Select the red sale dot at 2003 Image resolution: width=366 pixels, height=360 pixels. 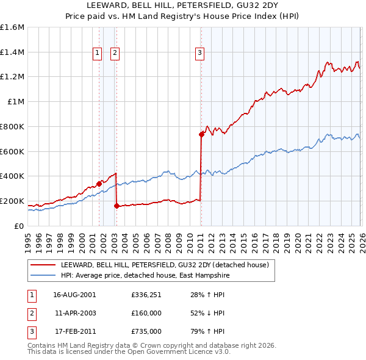pyautogui.click(x=116, y=206)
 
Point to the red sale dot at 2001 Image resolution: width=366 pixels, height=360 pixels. pyautogui.click(x=99, y=184)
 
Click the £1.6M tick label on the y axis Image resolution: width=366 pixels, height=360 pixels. pyautogui.click(x=12, y=27)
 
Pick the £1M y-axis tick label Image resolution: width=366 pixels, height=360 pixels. pyautogui.click(x=16, y=102)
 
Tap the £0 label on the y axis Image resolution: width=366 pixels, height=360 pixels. pyautogui.click(x=20, y=226)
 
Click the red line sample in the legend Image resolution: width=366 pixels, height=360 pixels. pyautogui.click(x=43, y=265)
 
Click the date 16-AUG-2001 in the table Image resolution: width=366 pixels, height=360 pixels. pyautogui.click(x=74, y=295)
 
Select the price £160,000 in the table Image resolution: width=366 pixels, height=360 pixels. pyautogui.click(x=146, y=313)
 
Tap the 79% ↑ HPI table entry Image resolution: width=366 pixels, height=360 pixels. pyautogui.click(x=204, y=331)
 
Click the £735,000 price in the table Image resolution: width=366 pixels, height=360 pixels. pyautogui.click(x=146, y=331)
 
